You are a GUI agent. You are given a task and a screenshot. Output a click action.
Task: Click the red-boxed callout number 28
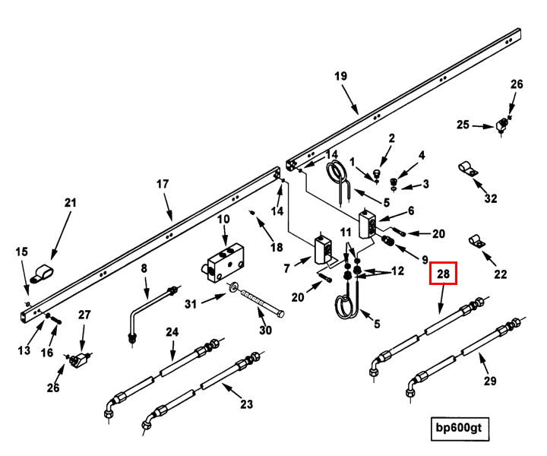(x=444, y=274)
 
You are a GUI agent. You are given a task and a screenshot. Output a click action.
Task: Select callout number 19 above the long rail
(x=340, y=76)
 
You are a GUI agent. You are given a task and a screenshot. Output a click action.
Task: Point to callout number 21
(x=70, y=202)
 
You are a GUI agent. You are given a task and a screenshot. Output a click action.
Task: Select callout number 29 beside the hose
(x=491, y=381)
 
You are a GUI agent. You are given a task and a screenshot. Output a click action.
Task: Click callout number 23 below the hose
(x=245, y=404)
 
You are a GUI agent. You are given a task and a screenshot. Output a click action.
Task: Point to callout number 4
(x=422, y=155)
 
